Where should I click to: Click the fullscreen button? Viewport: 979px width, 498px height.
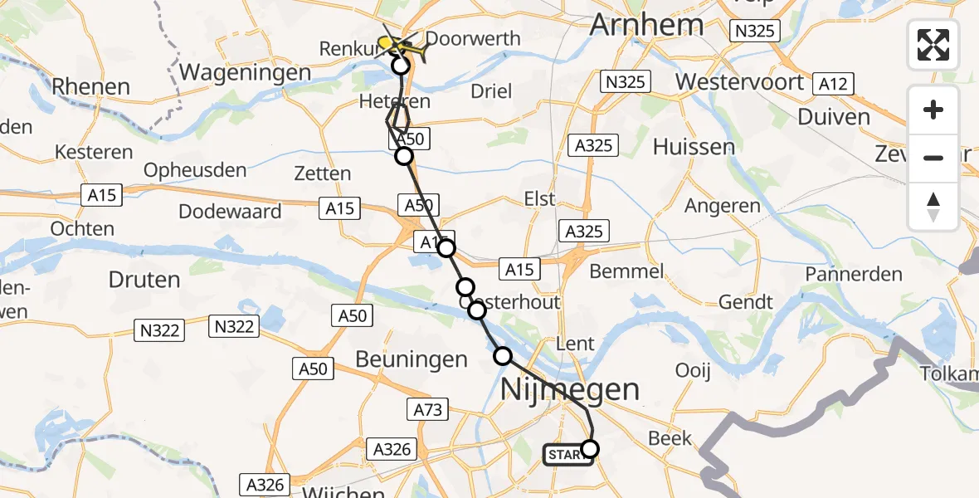pos(933,45)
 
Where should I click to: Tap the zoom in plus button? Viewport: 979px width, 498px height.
pos(933,110)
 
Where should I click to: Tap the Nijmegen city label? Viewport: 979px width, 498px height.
pos(571,389)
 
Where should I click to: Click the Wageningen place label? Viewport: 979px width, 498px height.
pos(245,72)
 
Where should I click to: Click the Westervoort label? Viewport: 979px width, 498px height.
pos(739,82)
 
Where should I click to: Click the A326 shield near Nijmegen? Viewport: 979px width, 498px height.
pos(392,449)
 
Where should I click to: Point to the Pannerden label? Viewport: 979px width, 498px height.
pos(854,274)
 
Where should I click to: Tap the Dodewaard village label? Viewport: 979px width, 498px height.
pos(230,211)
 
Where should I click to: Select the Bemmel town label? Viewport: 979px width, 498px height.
pos(626,271)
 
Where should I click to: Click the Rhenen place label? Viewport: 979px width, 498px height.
pos(90,86)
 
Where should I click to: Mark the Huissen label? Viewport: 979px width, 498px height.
pos(694,147)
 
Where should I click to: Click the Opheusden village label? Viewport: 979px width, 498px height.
pos(195,170)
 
